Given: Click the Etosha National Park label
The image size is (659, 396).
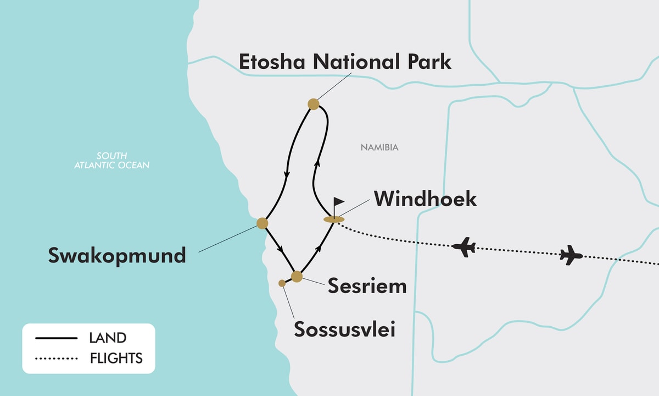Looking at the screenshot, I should click(345, 62).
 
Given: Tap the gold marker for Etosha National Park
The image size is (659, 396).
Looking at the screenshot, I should click(314, 104).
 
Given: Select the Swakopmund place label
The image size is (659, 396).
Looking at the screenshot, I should click(117, 255).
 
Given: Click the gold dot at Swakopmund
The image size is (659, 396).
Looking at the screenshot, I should click(263, 223).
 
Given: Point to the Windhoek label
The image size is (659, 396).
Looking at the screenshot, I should click(425, 199).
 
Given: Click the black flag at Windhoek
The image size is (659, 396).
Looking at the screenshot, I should click(338, 204).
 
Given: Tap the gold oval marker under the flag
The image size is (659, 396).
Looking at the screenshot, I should click(334, 219).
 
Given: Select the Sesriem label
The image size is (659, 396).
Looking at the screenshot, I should click(367, 286).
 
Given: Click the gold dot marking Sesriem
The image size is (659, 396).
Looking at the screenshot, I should click(297, 276).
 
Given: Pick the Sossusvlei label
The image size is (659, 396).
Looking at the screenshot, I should click(344, 329).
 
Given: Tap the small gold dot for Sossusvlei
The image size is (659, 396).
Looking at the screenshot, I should click(282, 283).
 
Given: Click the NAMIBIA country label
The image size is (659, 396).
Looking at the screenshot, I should click(379, 147).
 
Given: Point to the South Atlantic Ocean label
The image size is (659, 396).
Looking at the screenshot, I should click(111, 160).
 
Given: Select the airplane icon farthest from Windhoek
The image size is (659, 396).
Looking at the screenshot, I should click(571, 255).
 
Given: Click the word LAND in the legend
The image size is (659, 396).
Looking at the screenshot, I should click(108, 338).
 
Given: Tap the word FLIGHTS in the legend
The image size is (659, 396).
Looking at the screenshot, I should click(116, 359).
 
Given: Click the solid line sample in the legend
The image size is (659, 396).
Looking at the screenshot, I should click(56, 338).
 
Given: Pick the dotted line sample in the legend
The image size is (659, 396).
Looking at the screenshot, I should click(56, 359).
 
